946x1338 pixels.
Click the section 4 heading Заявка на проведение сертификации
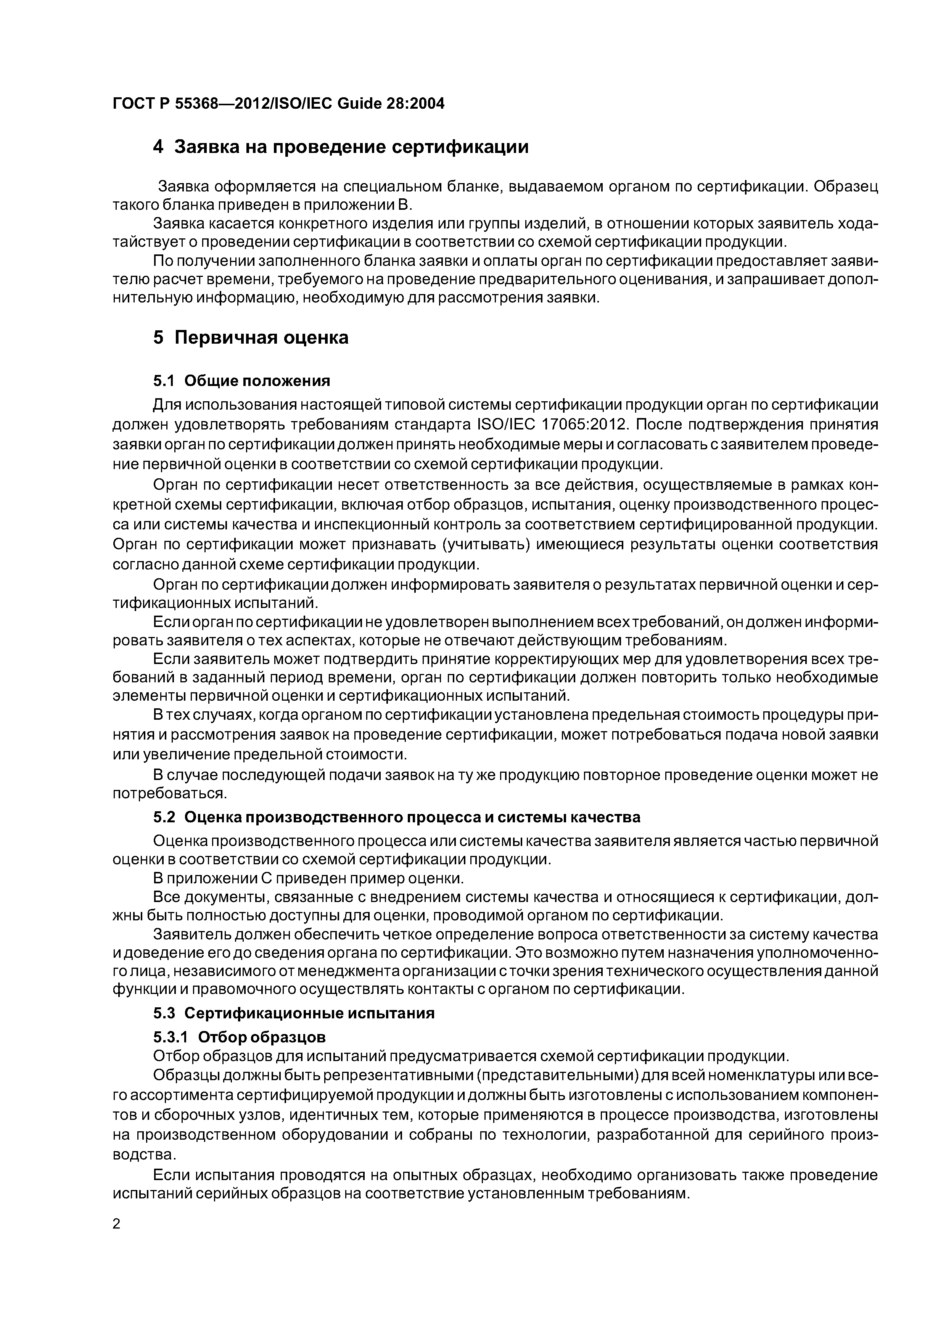(x=341, y=148)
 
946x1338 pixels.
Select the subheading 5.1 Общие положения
(x=241, y=381)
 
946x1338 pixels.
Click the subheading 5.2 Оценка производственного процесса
(x=396, y=818)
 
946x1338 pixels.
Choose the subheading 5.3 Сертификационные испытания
(x=294, y=1013)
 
